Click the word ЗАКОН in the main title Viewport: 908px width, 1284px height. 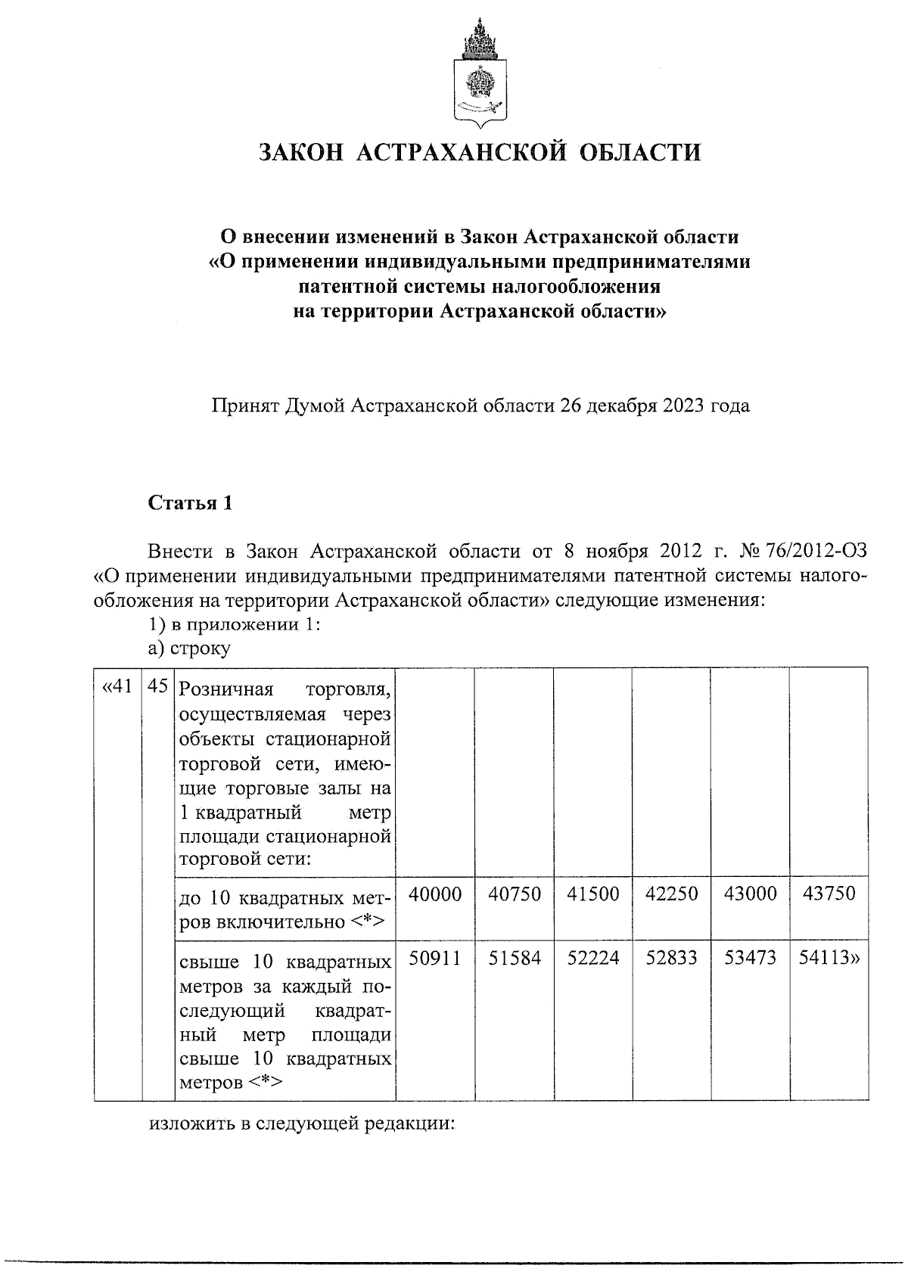[300, 153]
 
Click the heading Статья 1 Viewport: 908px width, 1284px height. [190, 503]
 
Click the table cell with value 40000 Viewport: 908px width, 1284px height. [435, 894]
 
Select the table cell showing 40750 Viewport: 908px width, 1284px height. [515, 894]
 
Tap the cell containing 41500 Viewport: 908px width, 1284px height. [593, 894]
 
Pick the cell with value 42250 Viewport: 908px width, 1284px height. [672, 894]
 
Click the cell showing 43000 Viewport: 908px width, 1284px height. [750, 894]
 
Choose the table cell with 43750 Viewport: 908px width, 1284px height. [829, 894]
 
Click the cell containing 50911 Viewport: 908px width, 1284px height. [435, 959]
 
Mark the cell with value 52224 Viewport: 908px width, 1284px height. [593, 959]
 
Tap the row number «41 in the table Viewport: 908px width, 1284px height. [117, 687]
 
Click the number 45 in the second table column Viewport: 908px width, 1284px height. [158, 687]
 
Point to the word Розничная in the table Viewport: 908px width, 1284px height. [225, 690]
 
